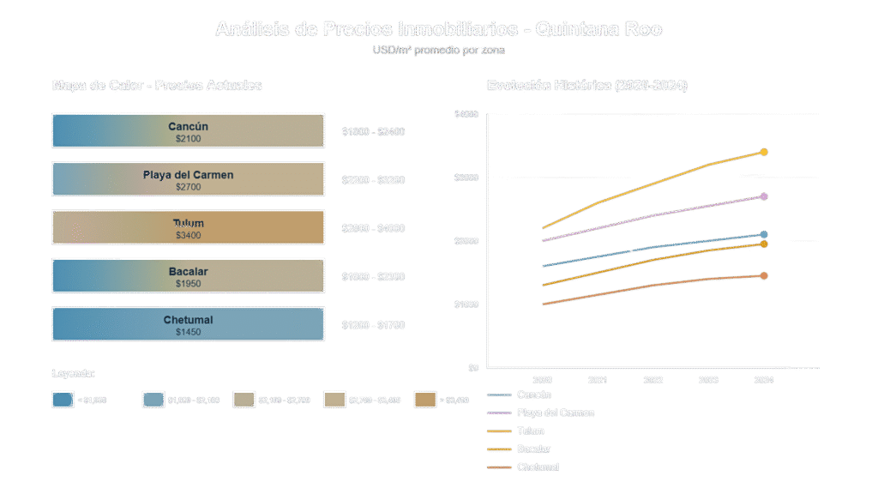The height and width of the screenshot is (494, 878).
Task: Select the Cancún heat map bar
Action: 188,130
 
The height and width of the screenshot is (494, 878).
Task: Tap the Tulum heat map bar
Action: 188,227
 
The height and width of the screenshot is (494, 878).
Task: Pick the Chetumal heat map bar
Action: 188,324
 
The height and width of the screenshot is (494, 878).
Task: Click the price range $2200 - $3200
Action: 373,180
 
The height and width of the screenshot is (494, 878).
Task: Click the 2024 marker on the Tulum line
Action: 764,153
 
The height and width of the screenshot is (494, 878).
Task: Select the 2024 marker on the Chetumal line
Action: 764,276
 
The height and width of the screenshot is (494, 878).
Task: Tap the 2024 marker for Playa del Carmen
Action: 764,196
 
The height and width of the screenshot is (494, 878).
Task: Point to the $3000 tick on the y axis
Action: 466,178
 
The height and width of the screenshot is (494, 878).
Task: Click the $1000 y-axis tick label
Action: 466,304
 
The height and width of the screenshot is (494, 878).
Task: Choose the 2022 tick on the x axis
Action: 653,380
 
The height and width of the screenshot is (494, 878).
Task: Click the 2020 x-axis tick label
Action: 542,380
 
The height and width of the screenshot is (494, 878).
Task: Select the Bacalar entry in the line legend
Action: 532,449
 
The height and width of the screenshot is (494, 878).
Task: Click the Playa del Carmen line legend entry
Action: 556,413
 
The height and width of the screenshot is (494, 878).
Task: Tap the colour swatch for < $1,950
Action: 62,400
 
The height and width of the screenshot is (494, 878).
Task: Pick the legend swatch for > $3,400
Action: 425,400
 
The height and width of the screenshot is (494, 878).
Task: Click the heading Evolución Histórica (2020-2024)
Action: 587,86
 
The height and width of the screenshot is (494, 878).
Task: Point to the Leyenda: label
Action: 73,374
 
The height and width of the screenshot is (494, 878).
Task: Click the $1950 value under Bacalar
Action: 188,284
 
